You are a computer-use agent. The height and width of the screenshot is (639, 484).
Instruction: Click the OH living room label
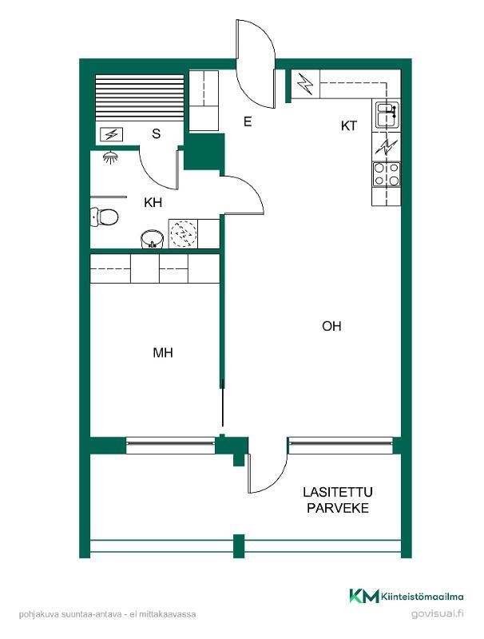click(x=331, y=326)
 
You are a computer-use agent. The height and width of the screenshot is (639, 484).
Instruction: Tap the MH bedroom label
click(x=163, y=352)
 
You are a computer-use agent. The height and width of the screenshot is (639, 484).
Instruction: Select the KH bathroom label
click(x=153, y=203)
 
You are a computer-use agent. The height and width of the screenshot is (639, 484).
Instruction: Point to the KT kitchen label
click(x=349, y=126)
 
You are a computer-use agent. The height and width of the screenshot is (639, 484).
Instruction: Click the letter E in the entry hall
click(x=248, y=121)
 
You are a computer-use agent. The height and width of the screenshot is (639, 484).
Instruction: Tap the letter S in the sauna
click(x=156, y=133)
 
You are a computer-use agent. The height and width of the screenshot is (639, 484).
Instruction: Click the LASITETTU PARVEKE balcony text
click(x=338, y=500)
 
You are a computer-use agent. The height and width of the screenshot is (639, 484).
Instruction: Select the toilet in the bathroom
click(x=104, y=216)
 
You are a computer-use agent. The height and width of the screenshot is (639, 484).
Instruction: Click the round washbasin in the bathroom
click(x=153, y=239)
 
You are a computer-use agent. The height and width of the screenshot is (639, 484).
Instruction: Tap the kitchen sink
click(x=387, y=115)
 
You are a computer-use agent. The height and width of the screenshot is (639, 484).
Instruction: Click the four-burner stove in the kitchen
click(x=387, y=174)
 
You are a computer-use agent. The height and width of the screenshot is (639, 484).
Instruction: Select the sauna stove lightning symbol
click(x=111, y=134)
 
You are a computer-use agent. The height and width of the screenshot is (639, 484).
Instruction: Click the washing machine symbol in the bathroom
click(x=184, y=234)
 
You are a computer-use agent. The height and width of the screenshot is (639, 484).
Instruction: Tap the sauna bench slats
click(x=139, y=97)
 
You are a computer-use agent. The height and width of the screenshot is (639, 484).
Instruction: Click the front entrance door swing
click(x=256, y=64)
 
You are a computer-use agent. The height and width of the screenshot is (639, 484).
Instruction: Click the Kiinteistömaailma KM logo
click(x=407, y=596)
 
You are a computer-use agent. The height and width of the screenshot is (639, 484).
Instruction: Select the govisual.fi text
click(x=437, y=613)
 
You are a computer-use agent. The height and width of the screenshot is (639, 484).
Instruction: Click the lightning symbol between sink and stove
click(x=387, y=147)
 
